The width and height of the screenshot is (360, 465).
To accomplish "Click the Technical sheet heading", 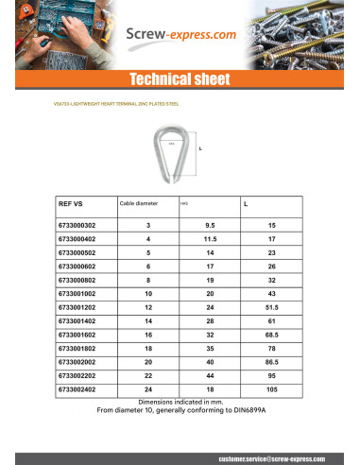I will (180, 79).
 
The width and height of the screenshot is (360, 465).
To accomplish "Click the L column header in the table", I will (246, 203).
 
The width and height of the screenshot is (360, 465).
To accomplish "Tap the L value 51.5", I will (271, 308).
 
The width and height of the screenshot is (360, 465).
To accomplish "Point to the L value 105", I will (271, 388).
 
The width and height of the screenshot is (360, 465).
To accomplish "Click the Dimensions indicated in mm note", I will (180, 402).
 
